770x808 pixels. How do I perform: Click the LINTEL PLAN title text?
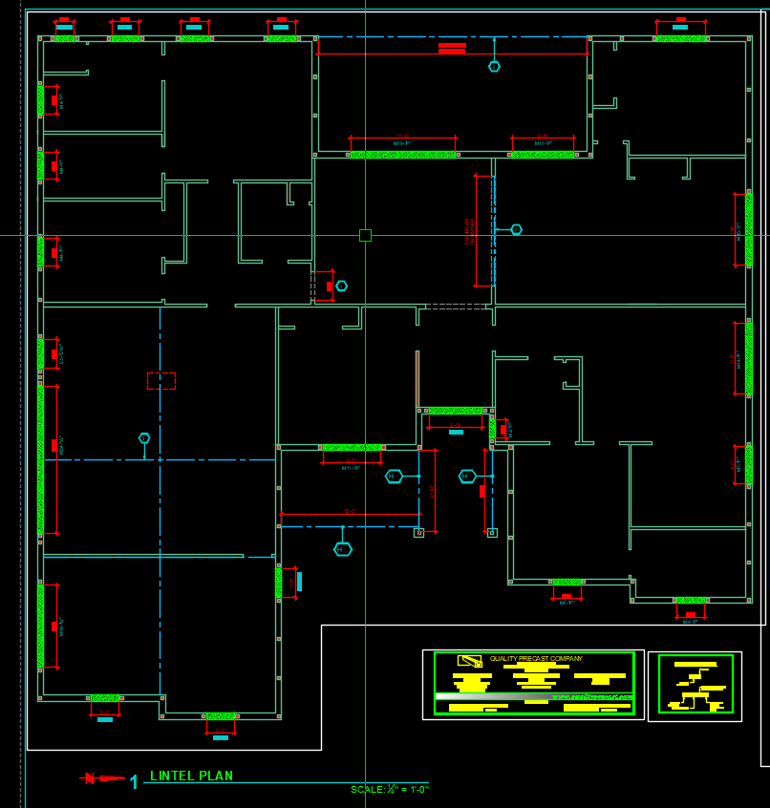click(x=191, y=776)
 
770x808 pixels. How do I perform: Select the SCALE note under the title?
click(x=389, y=790)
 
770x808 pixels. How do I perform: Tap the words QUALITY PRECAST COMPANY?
click(x=536, y=658)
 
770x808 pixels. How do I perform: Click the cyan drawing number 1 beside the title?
click(x=134, y=782)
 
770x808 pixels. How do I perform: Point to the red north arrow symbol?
click(x=103, y=778)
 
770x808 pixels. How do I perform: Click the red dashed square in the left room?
click(x=160, y=381)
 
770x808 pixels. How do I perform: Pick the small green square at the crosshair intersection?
click(x=365, y=235)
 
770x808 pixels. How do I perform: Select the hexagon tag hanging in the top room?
click(x=494, y=66)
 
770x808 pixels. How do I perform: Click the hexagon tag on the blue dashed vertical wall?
click(x=516, y=229)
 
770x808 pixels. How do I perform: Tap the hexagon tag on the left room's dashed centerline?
click(x=144, y=438)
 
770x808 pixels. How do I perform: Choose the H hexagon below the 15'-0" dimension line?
click(x=343, y=549)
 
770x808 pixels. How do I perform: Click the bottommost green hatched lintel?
click(x=221, y=716)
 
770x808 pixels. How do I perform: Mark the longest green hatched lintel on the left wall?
click(x=40, y=459)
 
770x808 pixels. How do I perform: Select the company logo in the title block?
click(x=469, y=660)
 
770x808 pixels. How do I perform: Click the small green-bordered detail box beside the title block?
click(x=695, y=685)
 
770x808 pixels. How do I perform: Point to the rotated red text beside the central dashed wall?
click(x=469, y=230)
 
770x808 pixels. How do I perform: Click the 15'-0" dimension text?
click(x=350, y=511)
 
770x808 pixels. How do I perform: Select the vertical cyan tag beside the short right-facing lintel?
click(x=299, y=581)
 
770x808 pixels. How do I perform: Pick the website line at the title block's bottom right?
click(x=592, y=696)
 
